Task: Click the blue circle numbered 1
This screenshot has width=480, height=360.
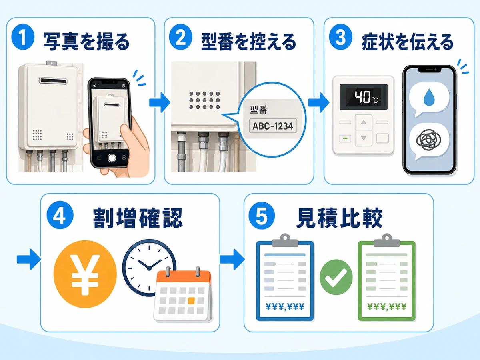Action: click(23, 37)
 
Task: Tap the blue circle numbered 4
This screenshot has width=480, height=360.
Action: click(60, 215)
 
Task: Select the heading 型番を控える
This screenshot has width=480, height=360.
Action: click(248, 42)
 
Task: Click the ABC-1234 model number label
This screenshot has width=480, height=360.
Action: click(273, 126)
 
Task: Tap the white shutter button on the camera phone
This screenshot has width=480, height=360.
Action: click(112, 158)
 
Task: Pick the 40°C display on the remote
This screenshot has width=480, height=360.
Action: click(364, 97)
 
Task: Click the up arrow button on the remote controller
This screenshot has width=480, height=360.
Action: click(364, 122)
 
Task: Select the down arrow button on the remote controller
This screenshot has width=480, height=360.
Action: click(364, 138)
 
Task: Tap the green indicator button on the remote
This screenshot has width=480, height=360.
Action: click(345, 138)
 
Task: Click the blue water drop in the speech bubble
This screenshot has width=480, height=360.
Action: click(429, 97)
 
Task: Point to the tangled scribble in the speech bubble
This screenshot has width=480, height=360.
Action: click(429, 140)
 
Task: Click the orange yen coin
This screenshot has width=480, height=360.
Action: click(85, 274)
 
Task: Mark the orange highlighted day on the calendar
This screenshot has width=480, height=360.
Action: click(191, 301)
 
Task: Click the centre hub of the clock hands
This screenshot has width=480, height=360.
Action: click(149, 268)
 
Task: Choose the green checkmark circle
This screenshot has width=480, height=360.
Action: click(336, 277)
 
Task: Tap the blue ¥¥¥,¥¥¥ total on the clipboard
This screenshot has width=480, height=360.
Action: click(285, 307)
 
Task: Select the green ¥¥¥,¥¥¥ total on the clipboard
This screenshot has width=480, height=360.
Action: click(387, 307)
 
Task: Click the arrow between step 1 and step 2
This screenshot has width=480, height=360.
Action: click(160, 102)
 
